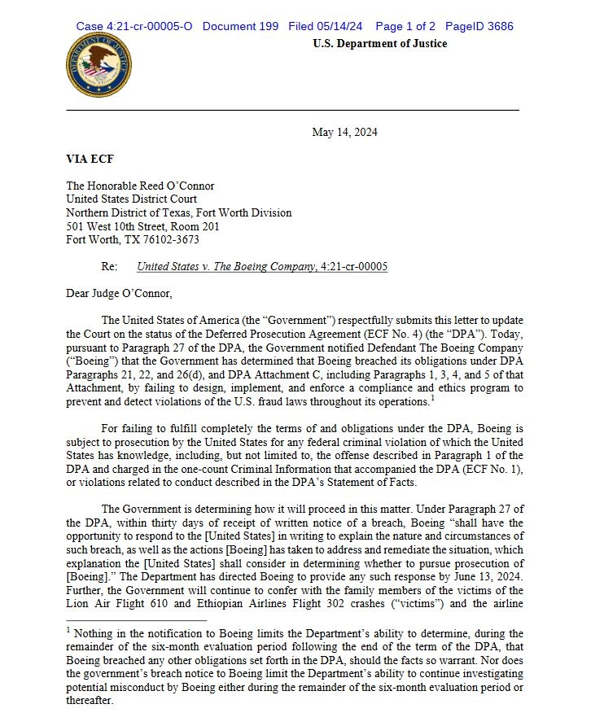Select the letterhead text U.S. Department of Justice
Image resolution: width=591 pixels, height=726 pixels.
point(379,44)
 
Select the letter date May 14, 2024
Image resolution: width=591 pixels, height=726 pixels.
point(344,133)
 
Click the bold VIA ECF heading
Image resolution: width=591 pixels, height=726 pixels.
point(89,160)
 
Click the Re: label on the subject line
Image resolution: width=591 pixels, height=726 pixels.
point(110,266)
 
